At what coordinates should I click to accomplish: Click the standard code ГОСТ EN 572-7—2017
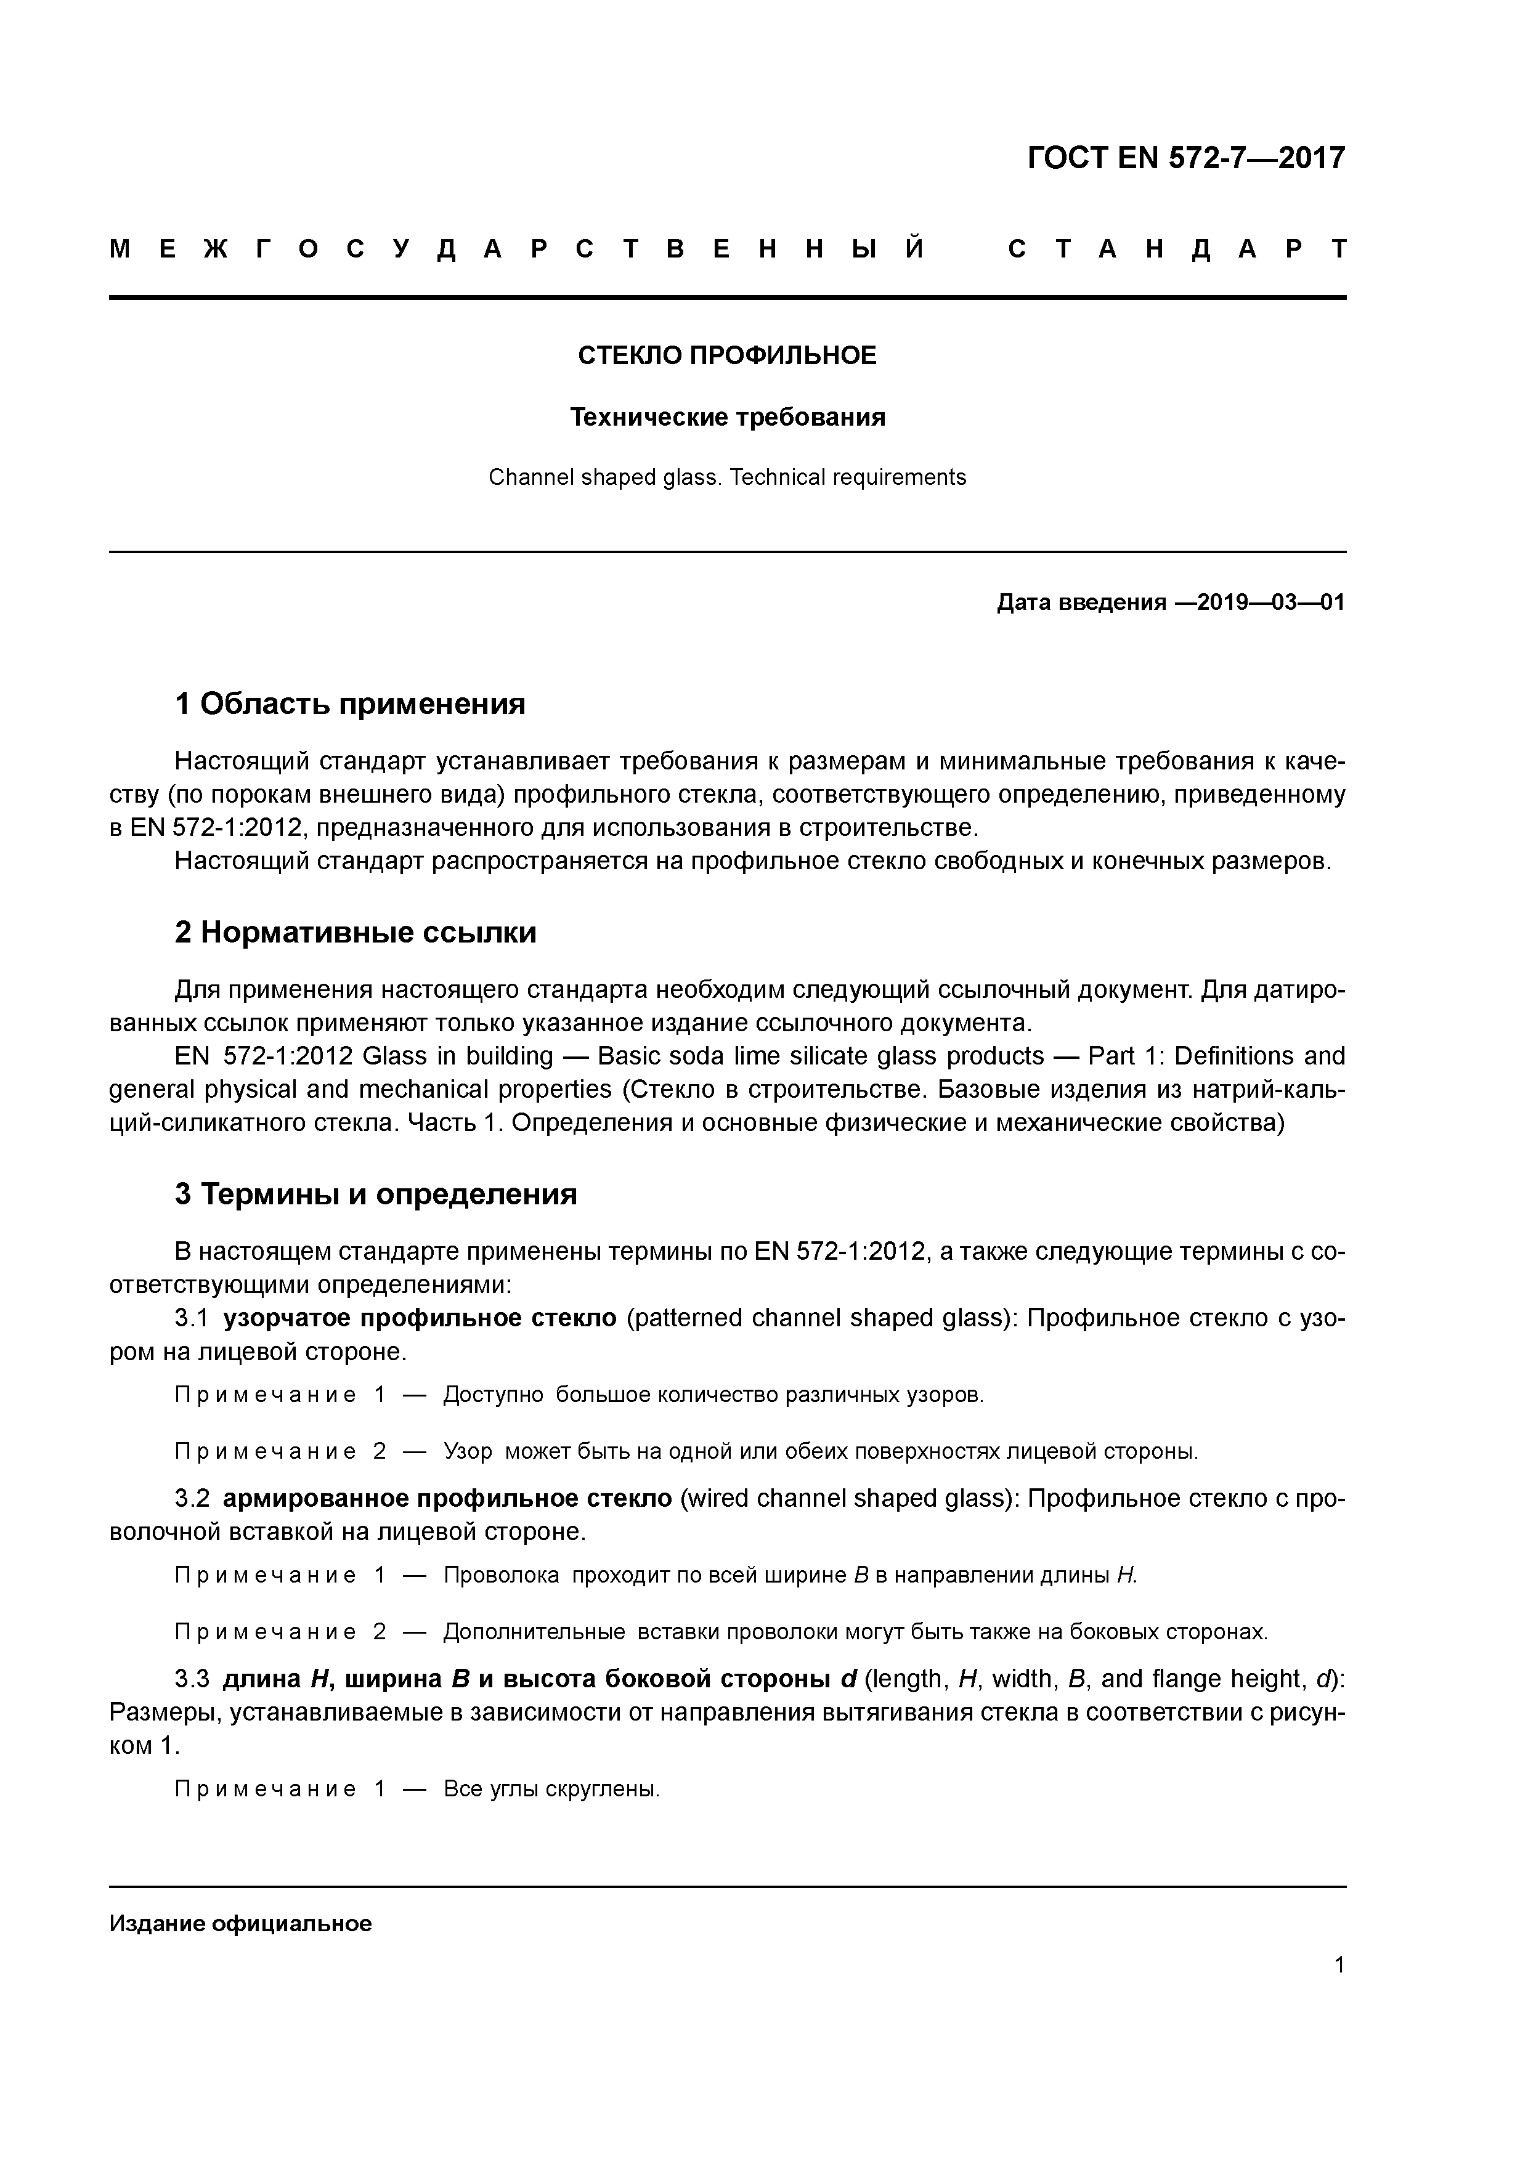(1185, 158)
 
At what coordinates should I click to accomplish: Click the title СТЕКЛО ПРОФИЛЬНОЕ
(727, 356)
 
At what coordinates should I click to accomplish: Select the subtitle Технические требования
(727, 417)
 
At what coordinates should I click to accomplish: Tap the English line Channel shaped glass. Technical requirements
(727, 477)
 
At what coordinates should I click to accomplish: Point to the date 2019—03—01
(1262, 602)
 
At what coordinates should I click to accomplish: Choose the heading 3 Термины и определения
(375, 1193)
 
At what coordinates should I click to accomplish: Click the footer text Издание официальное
(240, 1923)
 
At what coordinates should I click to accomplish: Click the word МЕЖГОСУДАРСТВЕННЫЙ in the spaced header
(517, 249)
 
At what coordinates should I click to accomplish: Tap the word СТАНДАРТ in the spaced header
(1177, 249)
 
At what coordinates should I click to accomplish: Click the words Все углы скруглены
(551, 1789)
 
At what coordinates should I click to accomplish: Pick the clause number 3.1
(192, 1318)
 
